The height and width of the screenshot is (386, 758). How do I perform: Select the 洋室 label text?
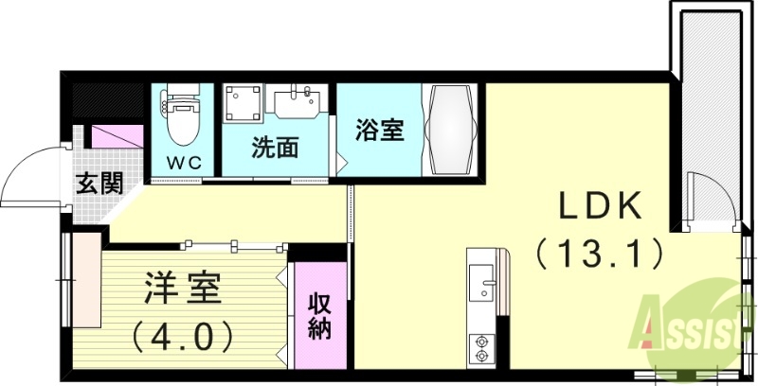(x=184, y=288)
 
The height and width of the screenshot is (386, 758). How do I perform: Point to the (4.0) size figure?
(x=184, y=334)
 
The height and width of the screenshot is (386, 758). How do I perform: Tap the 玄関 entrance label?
(x=99, y=183)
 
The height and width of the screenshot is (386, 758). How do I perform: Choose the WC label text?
(x=185, y=162)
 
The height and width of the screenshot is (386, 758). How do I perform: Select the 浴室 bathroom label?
(x=381, y=130)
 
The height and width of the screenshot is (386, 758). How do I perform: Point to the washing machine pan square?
(x=242, y=104)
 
